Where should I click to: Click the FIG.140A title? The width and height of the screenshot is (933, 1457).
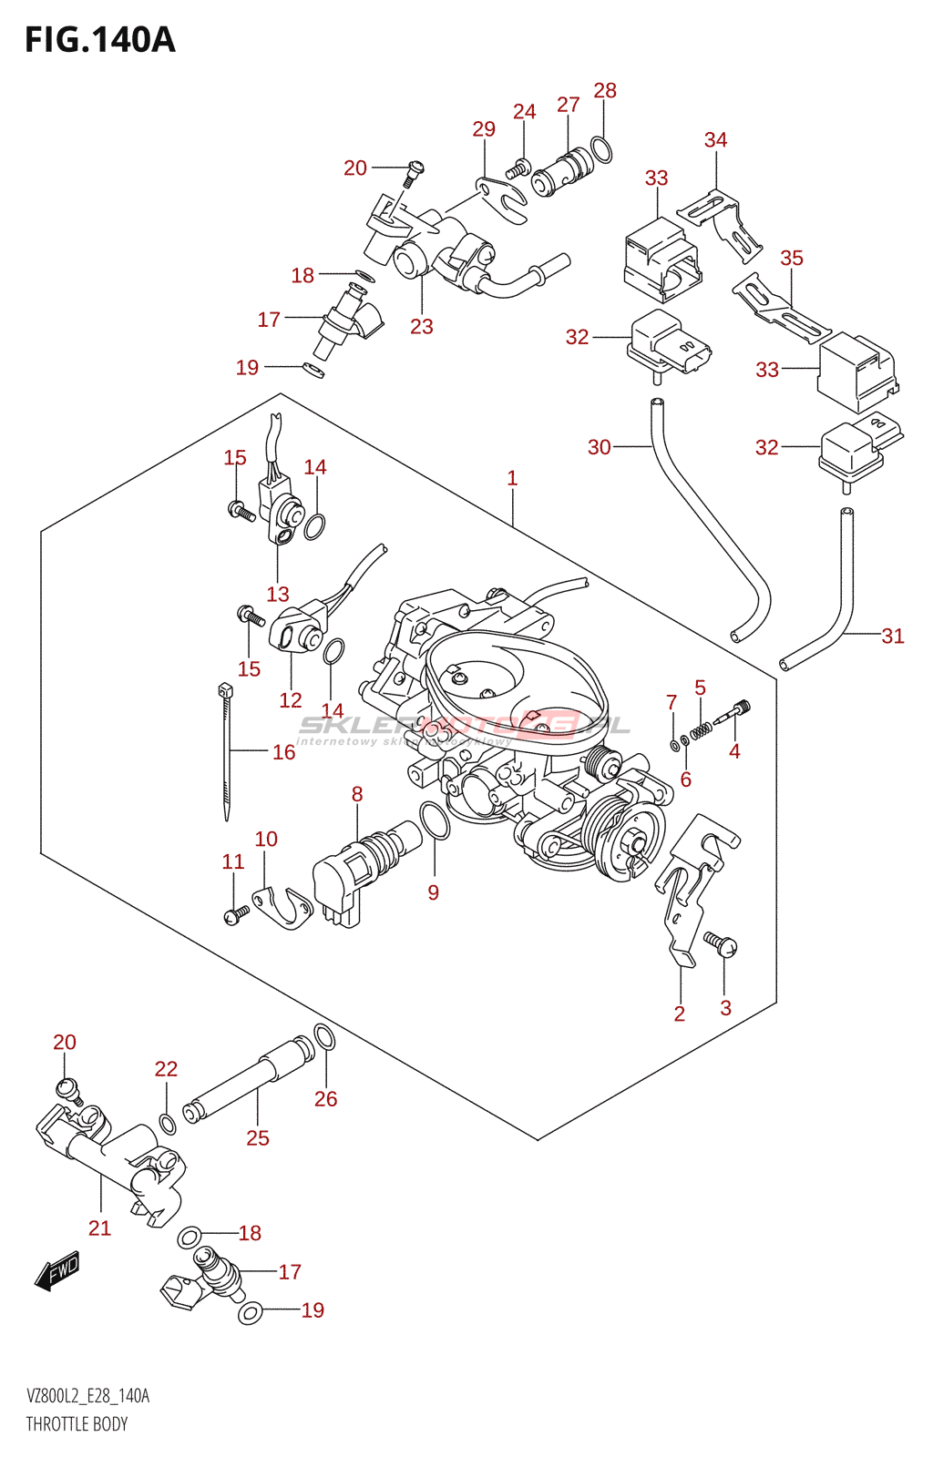point(100,40)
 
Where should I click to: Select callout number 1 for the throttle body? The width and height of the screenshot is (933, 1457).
point(512,478)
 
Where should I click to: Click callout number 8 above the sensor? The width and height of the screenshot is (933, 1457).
point(357,794)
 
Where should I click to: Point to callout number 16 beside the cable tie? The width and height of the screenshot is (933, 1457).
point(283,752)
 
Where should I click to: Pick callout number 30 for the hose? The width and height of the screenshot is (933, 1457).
point(599,447)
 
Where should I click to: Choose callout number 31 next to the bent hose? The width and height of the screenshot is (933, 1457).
point(892,637)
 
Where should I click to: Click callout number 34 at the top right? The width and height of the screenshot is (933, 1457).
point(715,140)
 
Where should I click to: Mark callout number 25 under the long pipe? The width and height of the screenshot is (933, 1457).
point(258,1137)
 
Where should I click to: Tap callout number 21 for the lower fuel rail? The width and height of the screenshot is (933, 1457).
point(99,1228)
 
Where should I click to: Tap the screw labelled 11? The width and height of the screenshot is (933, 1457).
point(236,912)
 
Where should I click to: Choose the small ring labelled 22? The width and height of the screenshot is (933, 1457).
point(168,1123)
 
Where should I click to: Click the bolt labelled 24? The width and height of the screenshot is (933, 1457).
point(521,168)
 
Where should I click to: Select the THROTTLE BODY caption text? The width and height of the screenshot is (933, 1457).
point(77,1424)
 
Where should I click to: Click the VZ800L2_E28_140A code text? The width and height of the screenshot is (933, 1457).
point(87,1396)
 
